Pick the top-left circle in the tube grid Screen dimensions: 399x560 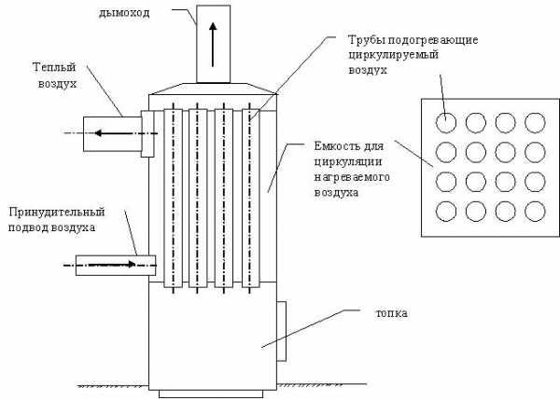(448, 121)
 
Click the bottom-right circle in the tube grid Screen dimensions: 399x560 (535, 210)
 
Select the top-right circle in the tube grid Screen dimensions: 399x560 (535, 121)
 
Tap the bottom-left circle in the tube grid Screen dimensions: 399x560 (448, 210)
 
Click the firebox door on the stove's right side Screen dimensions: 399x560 (282, 328)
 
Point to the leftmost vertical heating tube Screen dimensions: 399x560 (171, 195)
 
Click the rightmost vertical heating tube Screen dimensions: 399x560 (249, 195)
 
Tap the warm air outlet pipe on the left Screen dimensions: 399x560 (112, 133)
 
